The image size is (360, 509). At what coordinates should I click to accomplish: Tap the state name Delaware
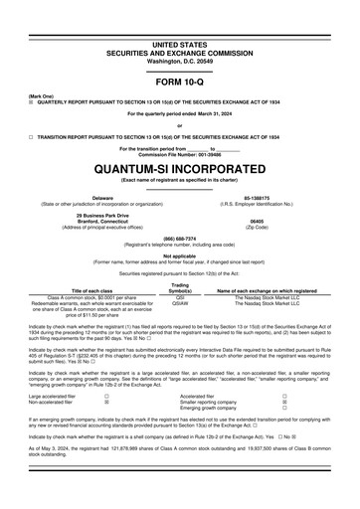pos(103,199)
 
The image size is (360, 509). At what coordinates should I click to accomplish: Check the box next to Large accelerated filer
pos(106,395)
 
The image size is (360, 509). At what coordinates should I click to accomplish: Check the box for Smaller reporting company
pos(283,401)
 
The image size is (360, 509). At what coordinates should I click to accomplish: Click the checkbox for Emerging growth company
pos(283,408)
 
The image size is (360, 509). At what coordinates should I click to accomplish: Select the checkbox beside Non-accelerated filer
pos(106,402)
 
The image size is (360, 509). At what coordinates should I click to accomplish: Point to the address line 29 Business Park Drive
pos(103,216)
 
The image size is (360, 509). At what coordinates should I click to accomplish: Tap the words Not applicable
pos(180,255)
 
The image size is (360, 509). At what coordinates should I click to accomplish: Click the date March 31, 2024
pos(213,112)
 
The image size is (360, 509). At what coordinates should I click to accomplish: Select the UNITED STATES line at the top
pos(180,18)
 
